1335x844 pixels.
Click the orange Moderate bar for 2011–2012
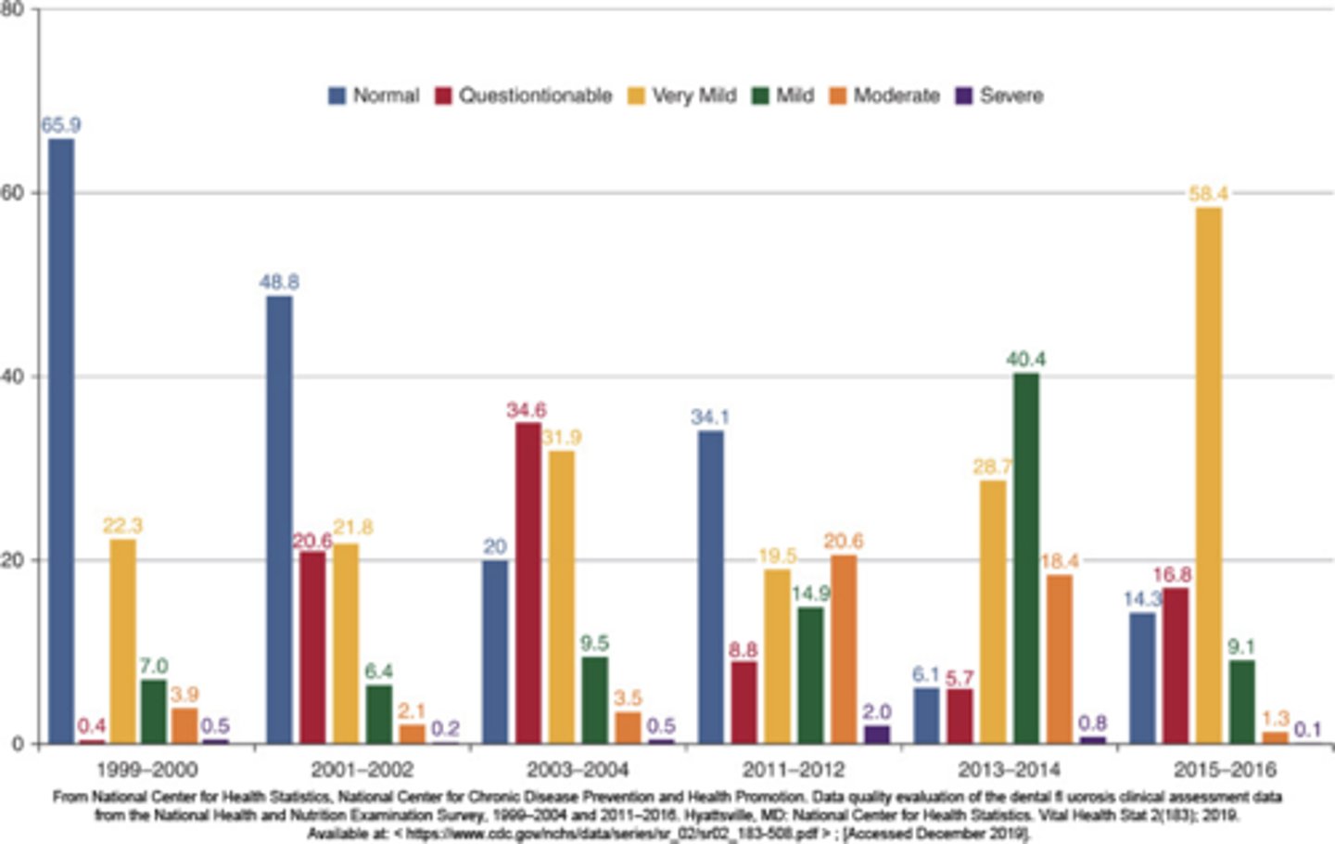click(844, 649)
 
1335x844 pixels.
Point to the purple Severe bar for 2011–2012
click(876, 734)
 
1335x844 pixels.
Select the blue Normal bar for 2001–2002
click(279, 519)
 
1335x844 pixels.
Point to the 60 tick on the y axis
click(16, 193)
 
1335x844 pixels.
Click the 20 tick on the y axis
click(16, 560)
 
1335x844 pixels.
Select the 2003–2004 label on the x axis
click(578, 770)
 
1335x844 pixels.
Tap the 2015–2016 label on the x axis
click(1225, 770)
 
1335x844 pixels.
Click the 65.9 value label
click(61, 125)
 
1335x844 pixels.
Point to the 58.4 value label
click(1209, 194)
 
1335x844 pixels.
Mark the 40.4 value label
click(1026, 359)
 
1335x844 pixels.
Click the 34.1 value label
click(710, 417)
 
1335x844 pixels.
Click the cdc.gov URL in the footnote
click(612, 834)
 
